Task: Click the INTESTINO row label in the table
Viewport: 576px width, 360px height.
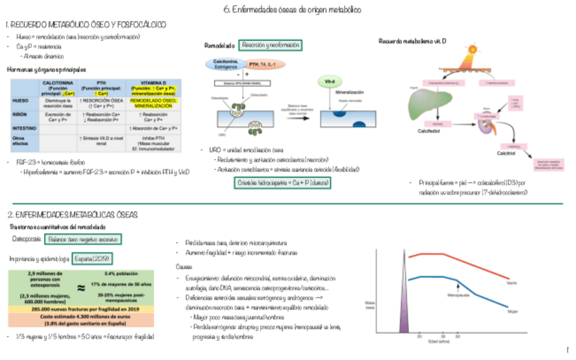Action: [24, 127]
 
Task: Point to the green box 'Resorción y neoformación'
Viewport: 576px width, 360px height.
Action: [270, 45]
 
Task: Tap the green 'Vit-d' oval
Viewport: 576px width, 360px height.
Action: [327, 81]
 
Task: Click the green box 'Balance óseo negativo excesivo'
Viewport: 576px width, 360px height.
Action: [84, 239]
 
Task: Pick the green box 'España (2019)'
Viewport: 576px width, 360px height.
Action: [92, 259]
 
